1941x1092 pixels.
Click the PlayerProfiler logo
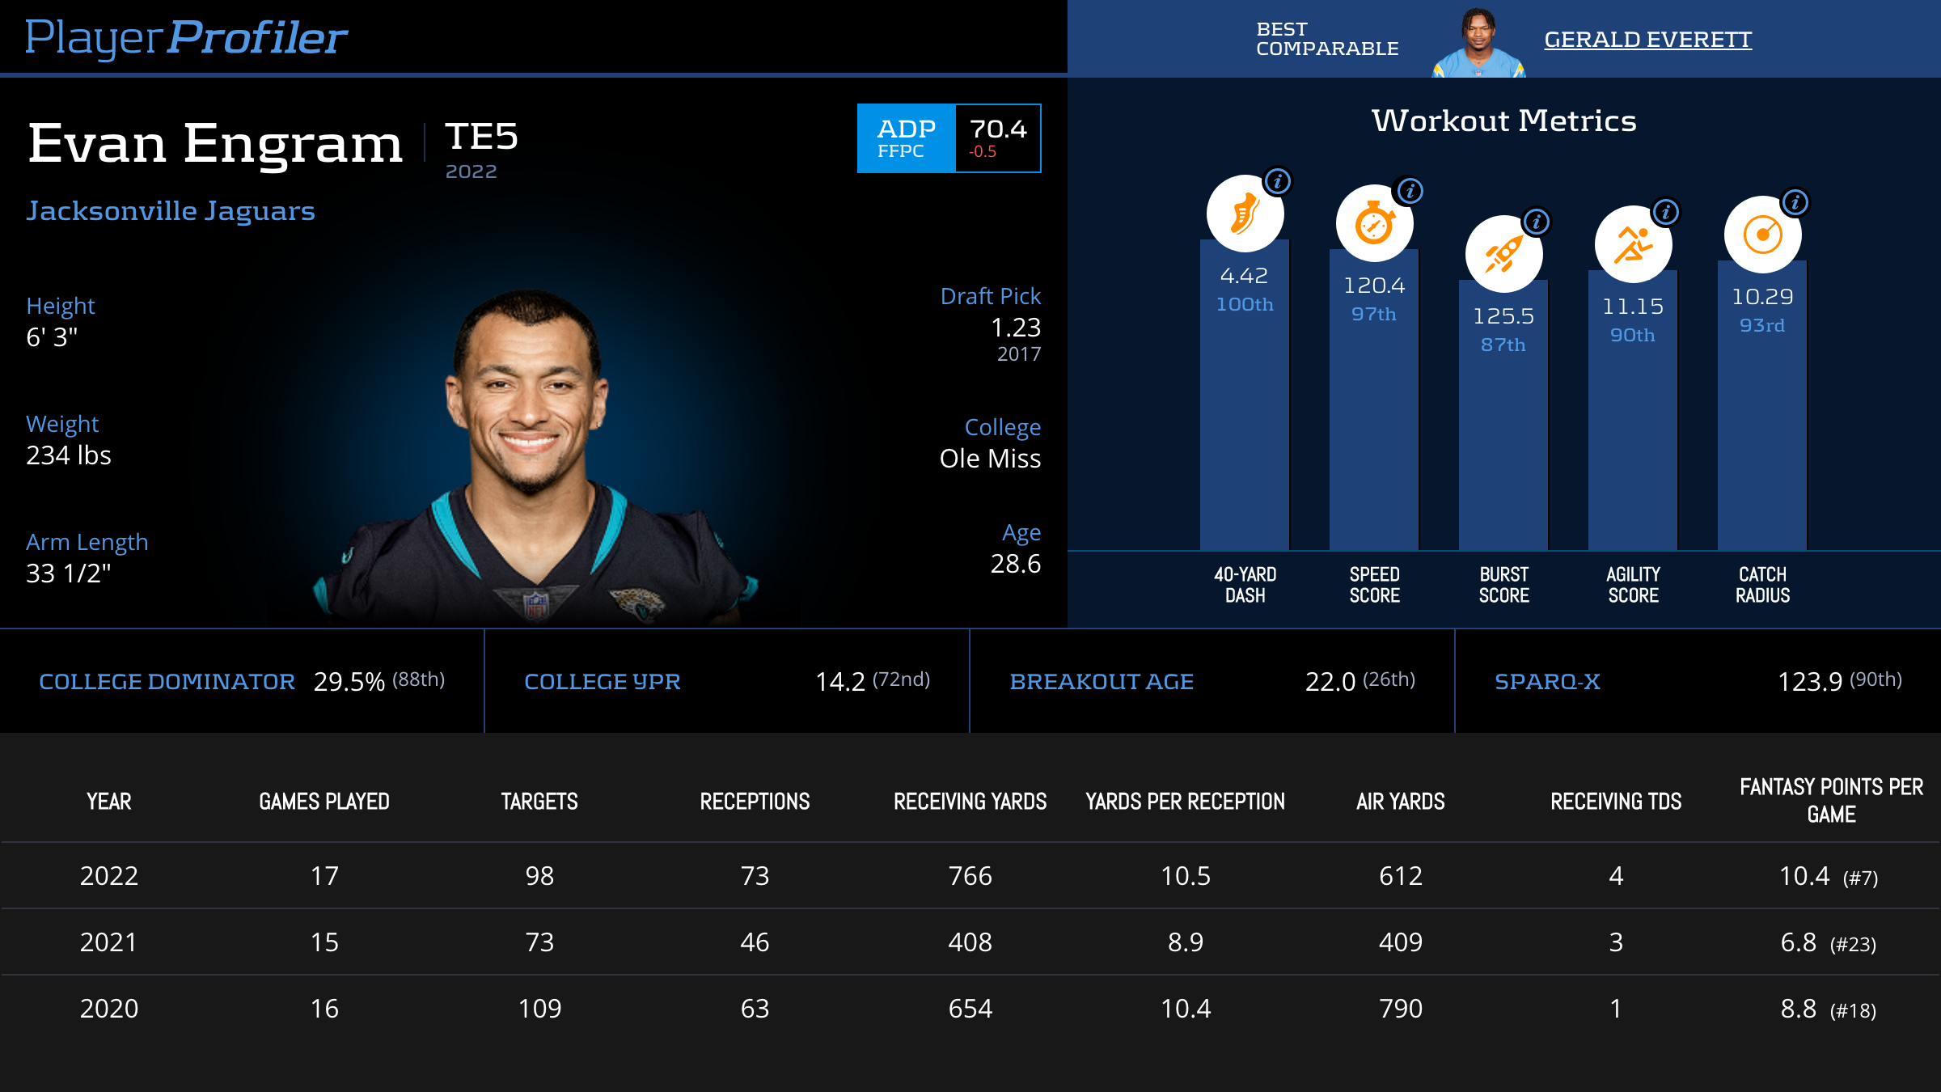[x=186, y=37]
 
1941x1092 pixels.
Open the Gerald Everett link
[x=1647, y=40]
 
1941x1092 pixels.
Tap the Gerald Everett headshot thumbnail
[x=1478, y=44]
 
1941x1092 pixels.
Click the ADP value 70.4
[x=998, y=129]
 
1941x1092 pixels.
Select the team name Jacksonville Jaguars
[x=171, y=211]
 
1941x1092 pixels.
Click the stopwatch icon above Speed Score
[x=1374, y=224]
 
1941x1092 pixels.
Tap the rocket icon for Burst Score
[x=1503, y=255]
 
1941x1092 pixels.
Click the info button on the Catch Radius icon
[x=1795, y=202]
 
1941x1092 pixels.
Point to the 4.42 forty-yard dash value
[x=1244, y=276]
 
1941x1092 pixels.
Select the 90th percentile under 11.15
[x=1632, y=335]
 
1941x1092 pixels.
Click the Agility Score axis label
[x=1633, y=585]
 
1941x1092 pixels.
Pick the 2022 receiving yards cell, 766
[x=970, y=876]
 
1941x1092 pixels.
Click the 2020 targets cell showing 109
[x=539, y=1009]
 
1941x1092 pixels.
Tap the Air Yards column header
[x=1400, y=802]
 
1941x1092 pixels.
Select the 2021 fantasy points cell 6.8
[x=1799, y=942]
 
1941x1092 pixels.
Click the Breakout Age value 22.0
[x=1330, y=682]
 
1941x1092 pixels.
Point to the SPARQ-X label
[x=1547, y=682]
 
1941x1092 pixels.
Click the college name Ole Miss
[x=990, y=459]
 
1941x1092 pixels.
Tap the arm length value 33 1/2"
[x=69, y=574]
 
